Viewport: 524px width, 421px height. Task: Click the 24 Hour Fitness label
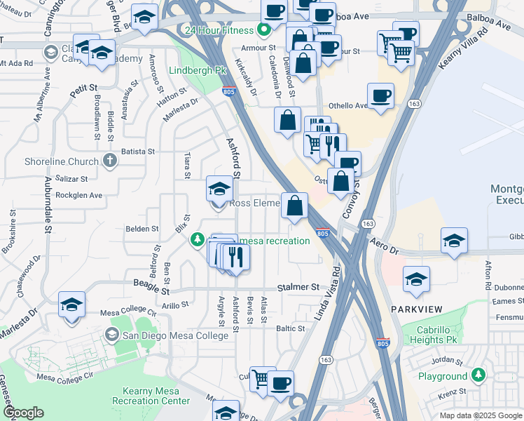pos(217,30)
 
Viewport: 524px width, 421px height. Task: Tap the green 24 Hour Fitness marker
pos(264,30)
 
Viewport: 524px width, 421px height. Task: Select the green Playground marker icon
pos(478,376)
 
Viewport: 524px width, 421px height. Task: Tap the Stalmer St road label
pos(298,288)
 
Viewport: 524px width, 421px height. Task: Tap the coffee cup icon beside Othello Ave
pos(380,97)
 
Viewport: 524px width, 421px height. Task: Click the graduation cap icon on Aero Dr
pos(454,241)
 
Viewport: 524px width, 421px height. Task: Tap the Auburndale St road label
pos(48,208)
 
